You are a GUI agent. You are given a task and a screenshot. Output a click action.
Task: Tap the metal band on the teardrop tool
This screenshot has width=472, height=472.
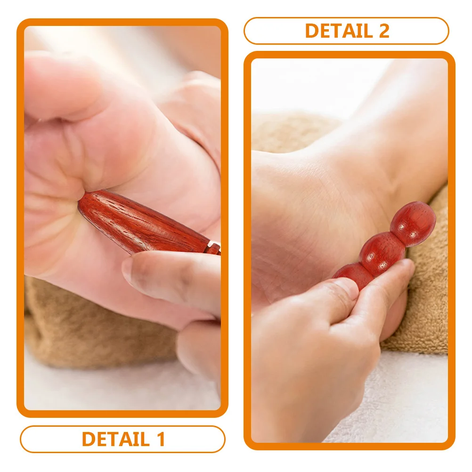coord(214,247)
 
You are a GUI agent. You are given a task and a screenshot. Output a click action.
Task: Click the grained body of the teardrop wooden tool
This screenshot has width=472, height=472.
coord(141,221)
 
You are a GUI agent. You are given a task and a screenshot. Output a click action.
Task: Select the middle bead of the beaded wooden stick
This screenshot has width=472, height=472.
coord(382,253)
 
